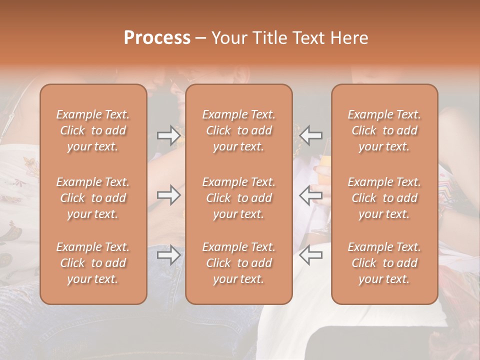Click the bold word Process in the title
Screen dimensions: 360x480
click(x=157, y=38)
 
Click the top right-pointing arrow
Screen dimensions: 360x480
click(x=168, y=135)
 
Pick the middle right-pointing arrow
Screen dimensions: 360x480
click(x=168, y=195)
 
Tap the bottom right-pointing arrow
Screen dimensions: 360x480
click(x=168, y=255)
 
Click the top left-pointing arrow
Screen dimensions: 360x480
click(x=311, y=135)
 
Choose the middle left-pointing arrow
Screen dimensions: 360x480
click(x=311, y=195)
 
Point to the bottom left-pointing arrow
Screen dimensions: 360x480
click(x=311, y=255)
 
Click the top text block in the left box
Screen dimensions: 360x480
click(x=93, y=130)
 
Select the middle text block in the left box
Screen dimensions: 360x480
click(x=93, y=198)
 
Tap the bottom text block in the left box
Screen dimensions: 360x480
click(x=93, y=263)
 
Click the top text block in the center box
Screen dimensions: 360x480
click(x=238, y=130)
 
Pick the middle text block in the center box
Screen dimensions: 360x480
click(x=238, y=198)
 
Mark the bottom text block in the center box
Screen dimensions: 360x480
click(x=238, y=263)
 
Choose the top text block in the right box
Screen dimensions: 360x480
click(x=384, y=130)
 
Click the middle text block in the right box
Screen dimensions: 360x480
click(x=384, y=198)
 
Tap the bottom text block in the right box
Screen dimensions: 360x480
click(x=384, y=263)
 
